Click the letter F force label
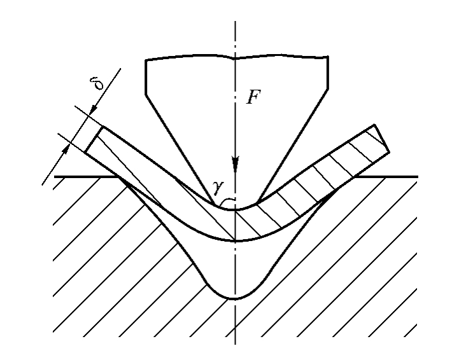coord(253,97)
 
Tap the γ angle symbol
coord(218,188)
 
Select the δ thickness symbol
coord(97,83)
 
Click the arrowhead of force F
coord(236,164)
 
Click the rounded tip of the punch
coord(236,208)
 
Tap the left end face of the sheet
coord(94,139)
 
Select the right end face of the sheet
coord(382,138)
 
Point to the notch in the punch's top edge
coord(235,59)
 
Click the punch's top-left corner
coord(146,60)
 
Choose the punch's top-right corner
coord(328,56)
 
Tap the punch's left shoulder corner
coord(146,95)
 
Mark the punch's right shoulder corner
coord(328,88)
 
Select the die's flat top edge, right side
coord(386,177)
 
